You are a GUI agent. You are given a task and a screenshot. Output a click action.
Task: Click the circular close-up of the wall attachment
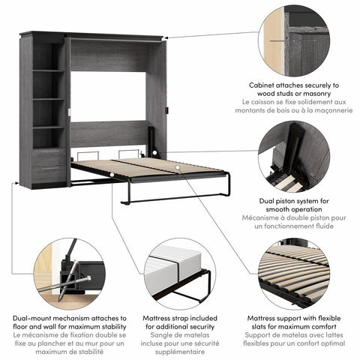click(295, 35)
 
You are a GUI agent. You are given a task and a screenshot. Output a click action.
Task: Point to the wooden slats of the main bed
click(150, 169)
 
